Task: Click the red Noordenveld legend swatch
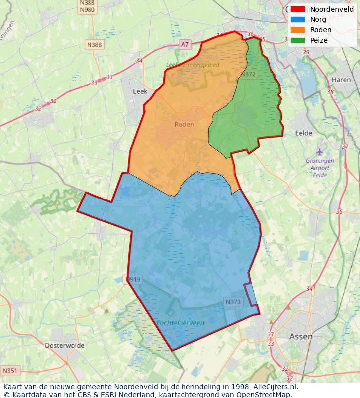[298, 9]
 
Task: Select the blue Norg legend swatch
[298, 19]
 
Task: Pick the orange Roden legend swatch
[298, 30]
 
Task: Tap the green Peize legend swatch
[298, 40]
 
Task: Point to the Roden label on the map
[184, 124]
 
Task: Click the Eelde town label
[303, 133]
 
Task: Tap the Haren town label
[341, 80]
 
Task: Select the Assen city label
[301, 337]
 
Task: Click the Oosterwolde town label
[64, 345]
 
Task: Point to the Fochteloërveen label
[180, 323]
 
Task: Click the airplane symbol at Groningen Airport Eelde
[319, 151]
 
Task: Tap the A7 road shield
[185, 44]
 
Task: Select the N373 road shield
[233, 302]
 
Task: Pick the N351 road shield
[9, 371]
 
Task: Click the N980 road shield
[87, 10]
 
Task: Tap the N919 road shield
[133, 279]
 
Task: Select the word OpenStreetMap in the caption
[263, 394]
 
